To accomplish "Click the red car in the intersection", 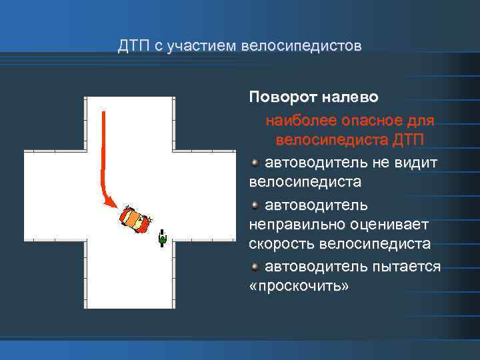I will click(x=135, y=219).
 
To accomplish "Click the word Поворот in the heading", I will click(x=279, y=97).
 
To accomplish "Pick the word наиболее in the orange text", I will click(x=295, y=121).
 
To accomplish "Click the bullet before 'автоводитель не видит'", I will click(x=256, y=163).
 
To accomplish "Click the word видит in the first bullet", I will click(x=419, y=163).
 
